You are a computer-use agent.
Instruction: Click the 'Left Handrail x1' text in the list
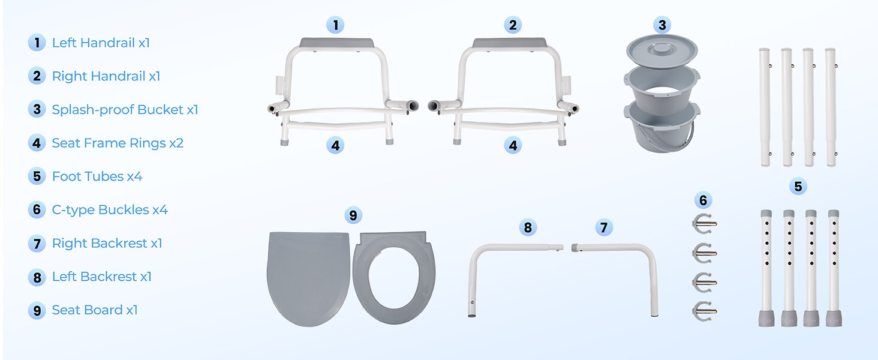[100, 43]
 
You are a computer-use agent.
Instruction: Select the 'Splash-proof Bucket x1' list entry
[125, 110]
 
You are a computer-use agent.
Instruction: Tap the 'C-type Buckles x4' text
[110, 210]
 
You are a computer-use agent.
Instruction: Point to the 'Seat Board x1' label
[95, 310]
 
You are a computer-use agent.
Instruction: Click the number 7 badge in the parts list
[37, 244]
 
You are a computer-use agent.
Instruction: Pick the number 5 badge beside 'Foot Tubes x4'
[37, 176]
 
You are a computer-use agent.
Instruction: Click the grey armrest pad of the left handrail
[336, 43]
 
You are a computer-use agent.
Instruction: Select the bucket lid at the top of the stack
[661, 49]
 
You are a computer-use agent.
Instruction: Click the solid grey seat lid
[308, 277]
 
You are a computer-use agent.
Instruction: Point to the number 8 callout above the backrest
[528, 227]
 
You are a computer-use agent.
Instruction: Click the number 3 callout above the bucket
[662, 25]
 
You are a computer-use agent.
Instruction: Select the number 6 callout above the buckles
[703, 200]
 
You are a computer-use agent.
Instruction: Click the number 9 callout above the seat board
[353, 215]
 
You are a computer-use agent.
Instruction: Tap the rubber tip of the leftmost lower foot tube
[766, 318]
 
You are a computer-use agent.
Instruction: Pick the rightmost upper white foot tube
[831, 107]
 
